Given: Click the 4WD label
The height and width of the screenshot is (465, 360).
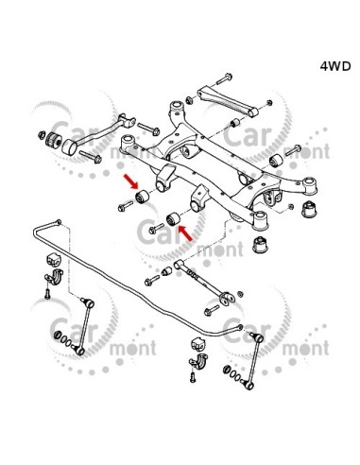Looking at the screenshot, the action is click(335, 66).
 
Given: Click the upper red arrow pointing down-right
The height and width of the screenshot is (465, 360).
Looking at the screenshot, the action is click(131, 181).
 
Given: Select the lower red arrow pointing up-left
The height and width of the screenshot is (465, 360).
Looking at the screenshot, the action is click(185, 233).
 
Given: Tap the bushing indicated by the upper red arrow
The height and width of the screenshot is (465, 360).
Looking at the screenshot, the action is click(143, 197).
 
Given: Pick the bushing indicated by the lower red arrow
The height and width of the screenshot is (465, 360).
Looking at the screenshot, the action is click(173, 219).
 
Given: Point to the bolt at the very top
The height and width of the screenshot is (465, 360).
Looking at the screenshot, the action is click(224, 78).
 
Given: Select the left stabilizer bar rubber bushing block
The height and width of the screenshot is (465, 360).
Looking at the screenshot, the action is click(55, 259).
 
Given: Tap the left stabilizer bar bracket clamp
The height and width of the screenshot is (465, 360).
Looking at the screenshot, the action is click(54, 275).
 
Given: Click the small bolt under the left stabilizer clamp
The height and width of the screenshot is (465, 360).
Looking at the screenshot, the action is click(47, 294).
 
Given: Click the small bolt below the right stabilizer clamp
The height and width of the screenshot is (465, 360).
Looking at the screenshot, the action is click(193, 377).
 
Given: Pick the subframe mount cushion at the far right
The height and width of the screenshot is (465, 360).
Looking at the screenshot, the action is click(310, 209).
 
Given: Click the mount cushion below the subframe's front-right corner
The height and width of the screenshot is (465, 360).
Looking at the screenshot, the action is click(261, 245).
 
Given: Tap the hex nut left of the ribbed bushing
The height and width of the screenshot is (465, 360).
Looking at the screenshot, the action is click(42, 135).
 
